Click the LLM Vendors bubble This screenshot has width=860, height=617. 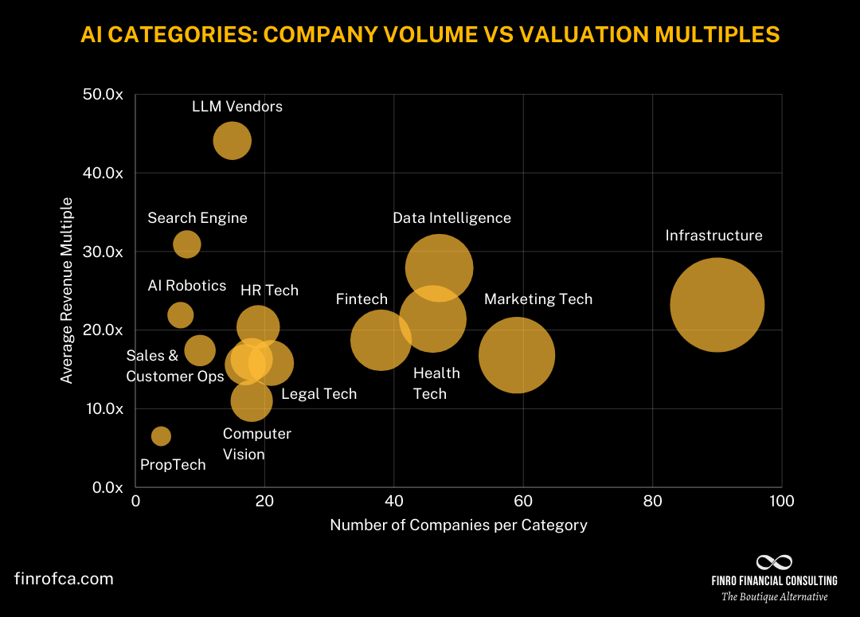(232, 141)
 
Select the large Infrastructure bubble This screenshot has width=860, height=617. (717, 304)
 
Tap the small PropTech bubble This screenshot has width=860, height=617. (161, 435)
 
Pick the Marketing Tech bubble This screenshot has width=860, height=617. (517, 355)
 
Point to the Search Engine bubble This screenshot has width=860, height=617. (186, 244)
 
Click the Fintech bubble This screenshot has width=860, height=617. (381, 340)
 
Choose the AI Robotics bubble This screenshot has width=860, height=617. (181, 315)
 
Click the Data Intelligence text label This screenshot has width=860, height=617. (451, 218)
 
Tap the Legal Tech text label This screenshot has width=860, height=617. (319, 394)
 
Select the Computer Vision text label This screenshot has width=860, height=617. (256, 444)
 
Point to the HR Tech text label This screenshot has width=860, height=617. (269, 291)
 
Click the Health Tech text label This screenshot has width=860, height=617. (436, 384)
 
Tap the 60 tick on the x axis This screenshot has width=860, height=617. (523, 502)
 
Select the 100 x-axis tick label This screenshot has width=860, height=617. (781, 502)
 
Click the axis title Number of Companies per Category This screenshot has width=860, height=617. (459, 525)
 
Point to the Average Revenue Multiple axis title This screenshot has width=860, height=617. (68, 291)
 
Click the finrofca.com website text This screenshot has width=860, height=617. (64, 579)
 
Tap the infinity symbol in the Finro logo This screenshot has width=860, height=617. (774, 563)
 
